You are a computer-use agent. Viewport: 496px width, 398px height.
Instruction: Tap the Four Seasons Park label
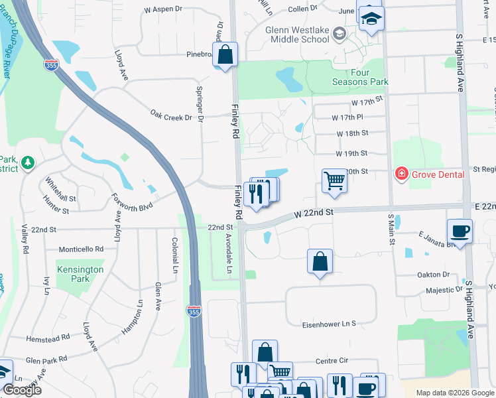(359, 76)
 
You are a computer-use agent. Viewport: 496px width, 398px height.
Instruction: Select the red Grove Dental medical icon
(401, 174)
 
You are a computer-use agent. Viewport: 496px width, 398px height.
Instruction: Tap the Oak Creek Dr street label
(175, 116)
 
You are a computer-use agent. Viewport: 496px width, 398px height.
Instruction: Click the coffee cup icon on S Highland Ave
(460, 232)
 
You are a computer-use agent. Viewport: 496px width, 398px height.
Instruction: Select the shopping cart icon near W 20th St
(335, 180)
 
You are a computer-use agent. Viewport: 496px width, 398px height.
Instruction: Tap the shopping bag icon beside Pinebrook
(225, 54)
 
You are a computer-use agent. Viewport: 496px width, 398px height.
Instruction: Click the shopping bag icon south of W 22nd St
(320, 261)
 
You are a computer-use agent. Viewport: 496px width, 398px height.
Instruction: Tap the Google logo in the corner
(22, 390)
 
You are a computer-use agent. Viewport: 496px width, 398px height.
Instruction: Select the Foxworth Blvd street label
(133, 201)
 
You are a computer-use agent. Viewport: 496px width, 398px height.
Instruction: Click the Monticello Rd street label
(82, 249)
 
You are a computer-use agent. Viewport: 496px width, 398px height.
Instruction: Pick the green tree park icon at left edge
(27, 163)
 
